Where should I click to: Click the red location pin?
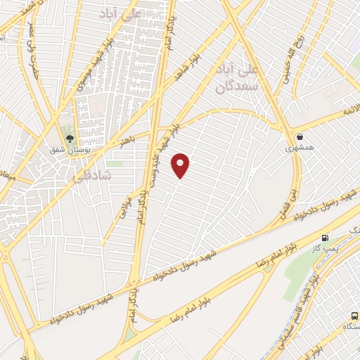(181, 165)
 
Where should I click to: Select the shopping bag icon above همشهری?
(300, 136)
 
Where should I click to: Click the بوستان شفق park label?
(68, 149)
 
